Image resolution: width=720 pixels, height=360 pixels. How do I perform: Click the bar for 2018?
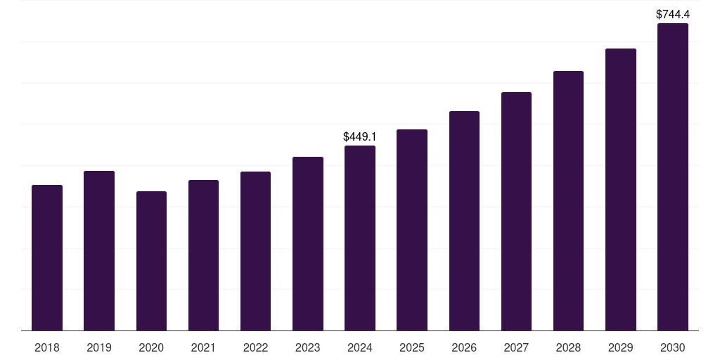click(x=47, y=258)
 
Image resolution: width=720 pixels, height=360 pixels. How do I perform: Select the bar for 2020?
click(x=151, y=261)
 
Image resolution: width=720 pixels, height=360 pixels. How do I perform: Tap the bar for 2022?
click(x=255, y=251)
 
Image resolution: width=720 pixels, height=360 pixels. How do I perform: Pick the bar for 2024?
click(x=360, y=238)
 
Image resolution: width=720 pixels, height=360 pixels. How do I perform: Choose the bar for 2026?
click(x=464, y=221)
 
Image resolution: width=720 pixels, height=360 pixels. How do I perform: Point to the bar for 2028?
click(x=568, y=201)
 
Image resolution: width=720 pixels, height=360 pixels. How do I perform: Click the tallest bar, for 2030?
click(x=673, y=177)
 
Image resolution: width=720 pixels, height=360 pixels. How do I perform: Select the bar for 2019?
click(x=99, y=251)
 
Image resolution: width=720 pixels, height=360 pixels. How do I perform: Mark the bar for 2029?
click(x=621, y=190)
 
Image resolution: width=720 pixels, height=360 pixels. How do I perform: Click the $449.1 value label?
click(x=360, y=136)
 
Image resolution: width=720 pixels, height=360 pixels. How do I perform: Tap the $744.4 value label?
click(x=673, y=14)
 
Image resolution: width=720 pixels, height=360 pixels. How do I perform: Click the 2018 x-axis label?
click(x=47, y=347)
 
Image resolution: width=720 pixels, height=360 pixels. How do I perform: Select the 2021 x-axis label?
click(x=203, y=347)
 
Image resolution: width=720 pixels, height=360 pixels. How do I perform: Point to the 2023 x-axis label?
click(x=307, y=347)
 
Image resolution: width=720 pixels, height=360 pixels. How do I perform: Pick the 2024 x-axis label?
click(x=360, y=347)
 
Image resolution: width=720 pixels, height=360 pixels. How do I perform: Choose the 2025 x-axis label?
click(x=412, y=347)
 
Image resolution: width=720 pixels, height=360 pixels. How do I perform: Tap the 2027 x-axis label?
click(x=516, y=347)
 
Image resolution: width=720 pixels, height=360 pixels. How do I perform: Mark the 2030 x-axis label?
click(x=673, y=347)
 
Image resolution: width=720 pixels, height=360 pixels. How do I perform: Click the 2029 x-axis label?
click(x=621, y=347)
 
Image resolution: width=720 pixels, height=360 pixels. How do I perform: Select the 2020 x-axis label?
click(x=151, y=347)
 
